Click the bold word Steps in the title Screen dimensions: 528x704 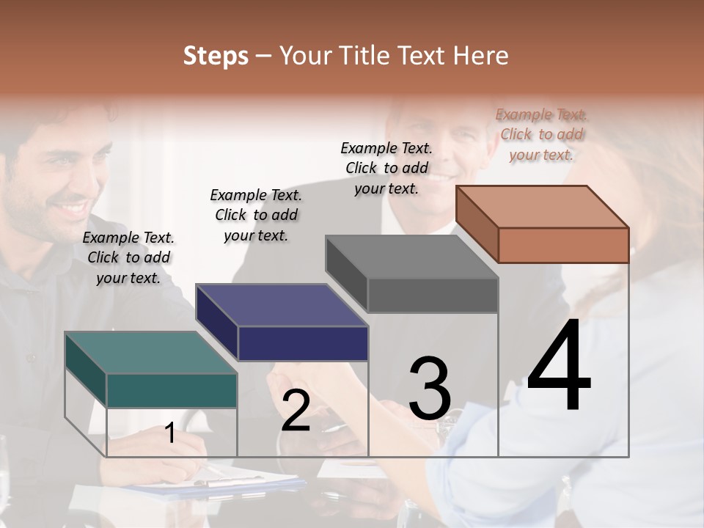point(216,56)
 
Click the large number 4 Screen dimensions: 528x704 point(559,367)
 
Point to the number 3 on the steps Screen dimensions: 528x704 point(430,389)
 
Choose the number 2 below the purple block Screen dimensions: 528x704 point(296,411)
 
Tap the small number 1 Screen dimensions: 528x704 point(170,433)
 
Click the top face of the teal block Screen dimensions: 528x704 point(150,353)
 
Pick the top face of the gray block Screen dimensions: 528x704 point(411,257)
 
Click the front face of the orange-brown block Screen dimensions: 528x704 point(563,245)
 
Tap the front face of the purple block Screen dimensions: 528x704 point(303,343)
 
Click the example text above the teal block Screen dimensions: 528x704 point(128,257)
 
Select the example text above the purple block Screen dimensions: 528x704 point(256,215)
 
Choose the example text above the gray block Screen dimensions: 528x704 point(386,168)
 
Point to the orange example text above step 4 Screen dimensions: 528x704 point(542,134)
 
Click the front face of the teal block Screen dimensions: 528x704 point(172,390)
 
